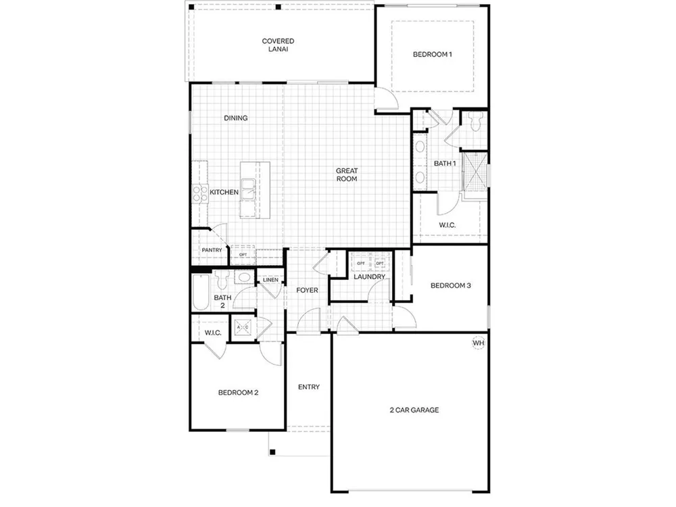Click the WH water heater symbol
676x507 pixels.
pyautogui.click(x=478, y=343)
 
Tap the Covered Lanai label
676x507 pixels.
pyautogui.click(x=278, y=45)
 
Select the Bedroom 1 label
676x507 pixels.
pyautogui.click(x=433, y=54)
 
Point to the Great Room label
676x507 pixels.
pyautogui.click(x=347, y=174)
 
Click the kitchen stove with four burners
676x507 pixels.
pyautogui.click(x=199, y=193)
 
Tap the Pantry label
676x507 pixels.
pyautogui.click(x=212, y=250)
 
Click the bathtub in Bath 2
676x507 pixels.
pyautogui.click(x=201, y=292)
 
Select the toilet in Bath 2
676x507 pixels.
pyautogui.click(x=222, y=279)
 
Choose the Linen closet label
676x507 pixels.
pyautogui.click(x=271, y=280)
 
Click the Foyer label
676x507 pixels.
pyautogui.click(x=307, y=290)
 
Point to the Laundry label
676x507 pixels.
pyautogui.click(x=370, y=276)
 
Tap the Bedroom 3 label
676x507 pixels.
pyautogui.click(x=450, y=285)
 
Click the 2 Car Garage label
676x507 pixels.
pyautogui.click(x=414, y=410)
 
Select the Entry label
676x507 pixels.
pyautogui.click(x=309, y=387)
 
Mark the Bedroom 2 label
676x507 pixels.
pyautogui.click(x=238, y=393)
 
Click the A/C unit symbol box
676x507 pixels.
pyautogui.click(x=243, y=328)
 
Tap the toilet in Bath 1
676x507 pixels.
pyautogui.click(x=475, y=122)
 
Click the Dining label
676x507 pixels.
pyautogui.click(x=235, y=118)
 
